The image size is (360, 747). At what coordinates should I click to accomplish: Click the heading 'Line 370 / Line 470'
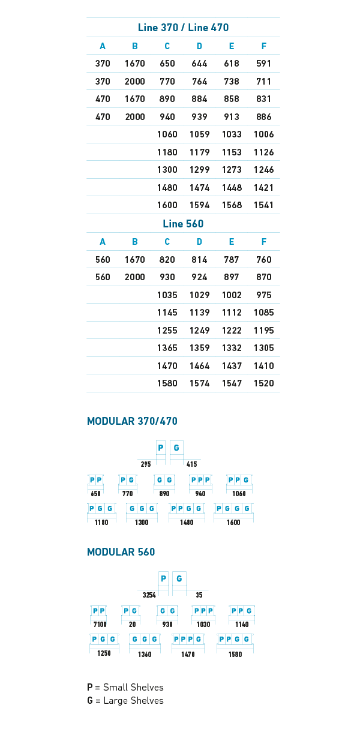tap(183, 28)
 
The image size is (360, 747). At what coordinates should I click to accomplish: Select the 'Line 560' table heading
tap(183, 223)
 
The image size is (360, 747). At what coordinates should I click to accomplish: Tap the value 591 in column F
tap(263, 64)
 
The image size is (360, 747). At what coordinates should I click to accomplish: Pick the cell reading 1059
tap(199, 134)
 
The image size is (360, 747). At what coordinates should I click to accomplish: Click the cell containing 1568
tap(232, 205)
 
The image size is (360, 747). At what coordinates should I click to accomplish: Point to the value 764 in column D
tap(199, 82)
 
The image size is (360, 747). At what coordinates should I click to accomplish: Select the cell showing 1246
tap(263, 169)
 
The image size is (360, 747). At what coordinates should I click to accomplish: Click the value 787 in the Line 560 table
tap(232, 259)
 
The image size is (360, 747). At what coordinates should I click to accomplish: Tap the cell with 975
tap(263, 295)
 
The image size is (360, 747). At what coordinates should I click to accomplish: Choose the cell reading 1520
tap(263, 383)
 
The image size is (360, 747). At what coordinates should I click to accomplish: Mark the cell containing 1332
tap(232, 348)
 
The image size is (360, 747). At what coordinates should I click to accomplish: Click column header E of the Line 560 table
tap(232, 241)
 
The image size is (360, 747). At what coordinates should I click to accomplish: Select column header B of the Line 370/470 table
tap(134, 46)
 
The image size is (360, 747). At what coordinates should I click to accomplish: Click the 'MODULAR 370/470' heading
tap(133, 421)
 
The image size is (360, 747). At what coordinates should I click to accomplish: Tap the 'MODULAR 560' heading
tap(121, 551)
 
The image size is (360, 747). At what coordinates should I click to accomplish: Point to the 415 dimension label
tap(191, 464)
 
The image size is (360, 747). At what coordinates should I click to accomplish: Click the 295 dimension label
tap(146, 464)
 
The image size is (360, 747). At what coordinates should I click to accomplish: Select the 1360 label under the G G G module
tap(145, 654)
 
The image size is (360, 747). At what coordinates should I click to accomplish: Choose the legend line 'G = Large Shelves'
tap(125, 700)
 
